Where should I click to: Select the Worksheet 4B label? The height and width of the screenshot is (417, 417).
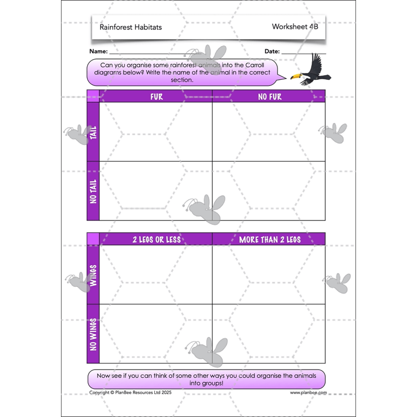tap(295, 27)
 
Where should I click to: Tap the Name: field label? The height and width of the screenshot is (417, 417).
tap(99, 52)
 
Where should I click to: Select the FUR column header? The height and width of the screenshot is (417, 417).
tap(156, 96)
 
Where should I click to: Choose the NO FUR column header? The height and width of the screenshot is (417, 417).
tap(269, 96)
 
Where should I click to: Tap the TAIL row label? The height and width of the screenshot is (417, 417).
tap(93, 132)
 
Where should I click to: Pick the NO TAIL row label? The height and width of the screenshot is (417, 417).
tap(93, 191)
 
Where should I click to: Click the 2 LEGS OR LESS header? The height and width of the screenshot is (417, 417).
tap(156, 239)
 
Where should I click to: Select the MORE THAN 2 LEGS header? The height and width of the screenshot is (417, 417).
tap(269, 239)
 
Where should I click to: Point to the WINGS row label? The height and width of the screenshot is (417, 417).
tap(93, 275)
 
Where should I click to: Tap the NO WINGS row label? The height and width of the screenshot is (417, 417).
tap(93, 334)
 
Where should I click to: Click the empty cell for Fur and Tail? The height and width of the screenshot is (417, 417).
tap(155, 132)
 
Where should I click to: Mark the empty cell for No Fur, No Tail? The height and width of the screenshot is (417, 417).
tap(268, 191)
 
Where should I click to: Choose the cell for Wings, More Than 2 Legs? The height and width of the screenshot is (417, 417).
tap(268, 275)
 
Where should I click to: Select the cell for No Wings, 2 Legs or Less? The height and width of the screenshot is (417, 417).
tap(155, 334)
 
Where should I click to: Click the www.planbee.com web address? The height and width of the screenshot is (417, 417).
tap(308, 393)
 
